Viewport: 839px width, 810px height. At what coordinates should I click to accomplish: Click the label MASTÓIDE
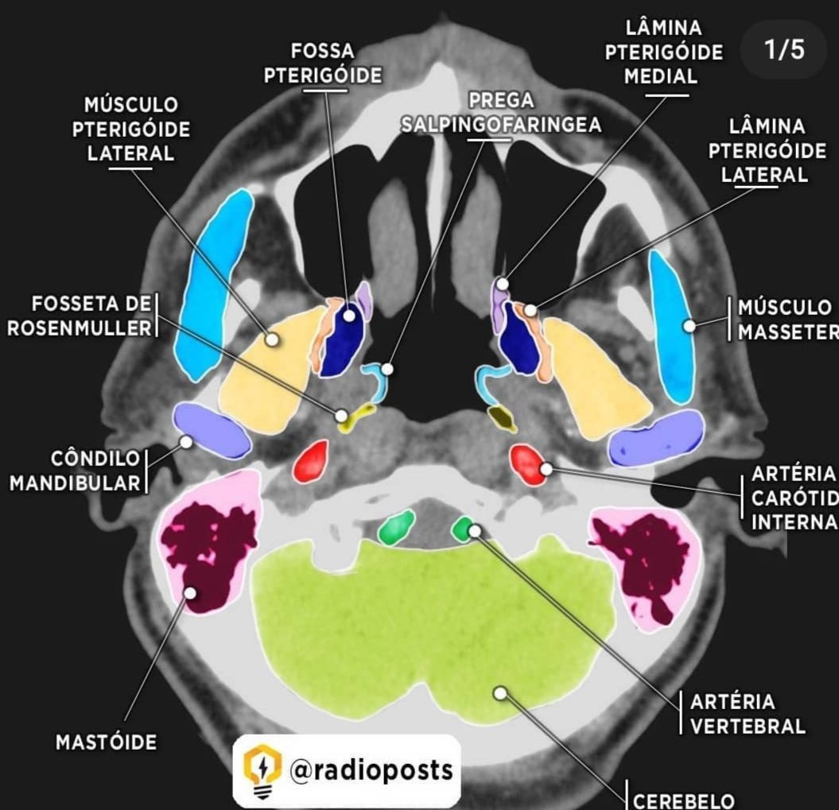(106, 742)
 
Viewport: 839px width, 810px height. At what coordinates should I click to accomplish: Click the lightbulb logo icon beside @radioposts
(261, 769)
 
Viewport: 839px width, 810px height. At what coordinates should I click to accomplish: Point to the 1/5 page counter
(784, 50)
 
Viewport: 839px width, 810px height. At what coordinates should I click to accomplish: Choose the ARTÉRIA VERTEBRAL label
(748, 714)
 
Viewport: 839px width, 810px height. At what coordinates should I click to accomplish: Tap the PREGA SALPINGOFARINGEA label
(501, 114)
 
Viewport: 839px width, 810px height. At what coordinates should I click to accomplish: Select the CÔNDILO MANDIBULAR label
(77, 471)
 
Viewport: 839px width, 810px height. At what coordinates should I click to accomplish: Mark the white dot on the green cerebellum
(499, 693)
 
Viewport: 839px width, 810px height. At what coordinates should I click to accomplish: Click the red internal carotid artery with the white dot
(528, 464)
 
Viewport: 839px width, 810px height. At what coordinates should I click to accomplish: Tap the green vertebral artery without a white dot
(397, 527)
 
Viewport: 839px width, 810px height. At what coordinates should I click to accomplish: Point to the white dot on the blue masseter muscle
(689, 325)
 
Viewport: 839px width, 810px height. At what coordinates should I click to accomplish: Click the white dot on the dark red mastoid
(191, 591)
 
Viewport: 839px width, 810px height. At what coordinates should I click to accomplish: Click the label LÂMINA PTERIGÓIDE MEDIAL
(663, 52)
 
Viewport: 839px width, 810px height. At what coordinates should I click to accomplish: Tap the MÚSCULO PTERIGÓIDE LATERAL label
(131, 129)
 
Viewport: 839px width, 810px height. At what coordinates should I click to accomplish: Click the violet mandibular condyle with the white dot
(208, 429)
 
